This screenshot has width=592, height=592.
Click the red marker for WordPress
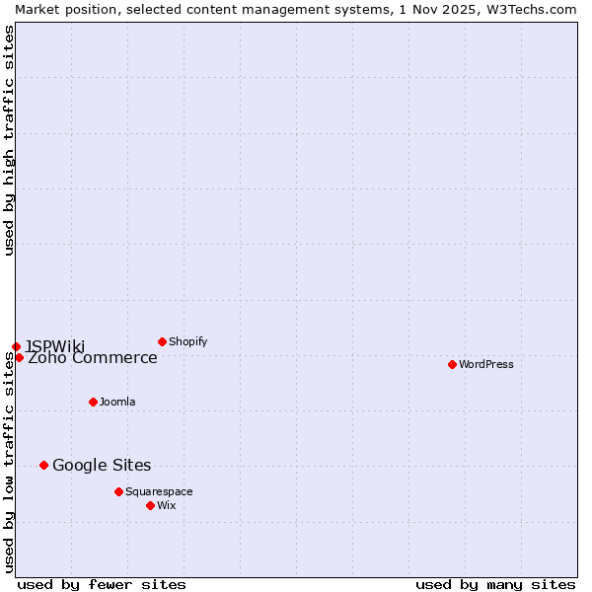[452, 364]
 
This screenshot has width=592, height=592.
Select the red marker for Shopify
[162, 341]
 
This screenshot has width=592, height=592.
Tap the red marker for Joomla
[93, 402]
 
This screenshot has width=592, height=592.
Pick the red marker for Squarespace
[118, 491]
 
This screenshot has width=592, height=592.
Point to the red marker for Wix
[150, 505]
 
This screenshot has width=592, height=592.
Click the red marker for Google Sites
[43, 465]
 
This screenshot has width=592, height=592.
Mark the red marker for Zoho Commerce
[19, 357]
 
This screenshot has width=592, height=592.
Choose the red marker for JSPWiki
[16, 346]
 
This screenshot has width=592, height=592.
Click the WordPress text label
[486, 364]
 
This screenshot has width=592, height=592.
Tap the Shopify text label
[187, 341]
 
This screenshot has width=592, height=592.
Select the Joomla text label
[117, 402]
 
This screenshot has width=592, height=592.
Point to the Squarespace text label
[159, 491]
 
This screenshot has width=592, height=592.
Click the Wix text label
[166, 505]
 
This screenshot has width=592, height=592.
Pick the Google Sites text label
[102, 465]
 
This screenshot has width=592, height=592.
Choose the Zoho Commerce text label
[93, 358]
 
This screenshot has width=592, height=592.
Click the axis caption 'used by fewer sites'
[102, 584]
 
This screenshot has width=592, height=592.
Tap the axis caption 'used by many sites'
[495, 584]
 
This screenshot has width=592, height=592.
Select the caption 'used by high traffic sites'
[9, 140]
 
